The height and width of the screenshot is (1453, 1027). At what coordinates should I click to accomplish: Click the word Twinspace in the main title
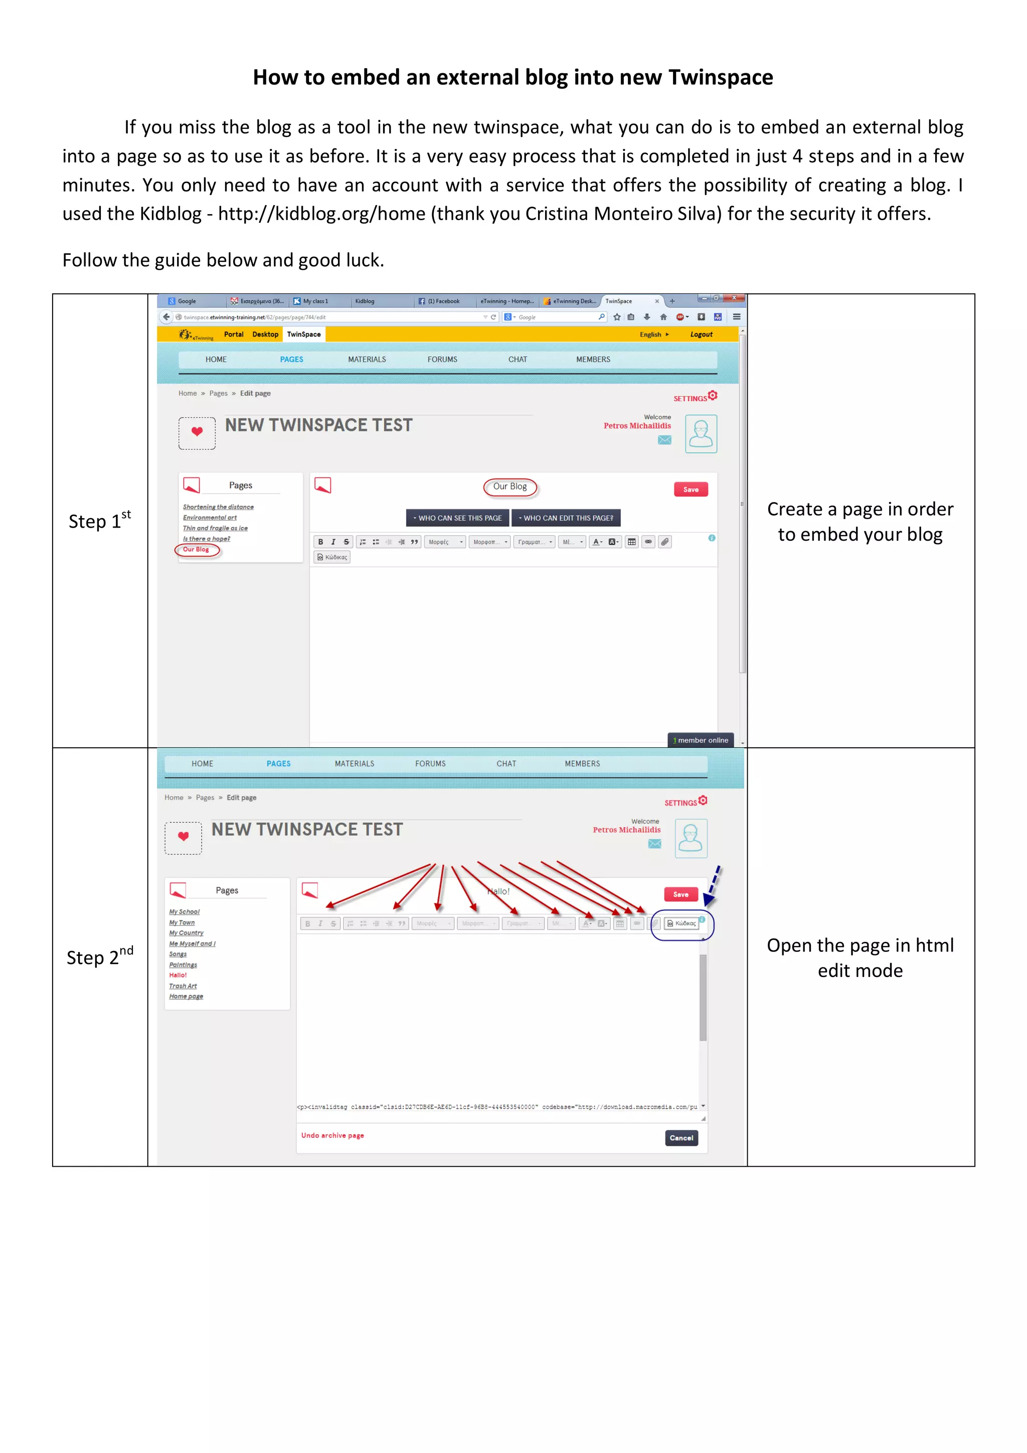(720, 77)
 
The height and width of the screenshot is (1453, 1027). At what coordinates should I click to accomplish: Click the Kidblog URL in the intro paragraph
(321, 214)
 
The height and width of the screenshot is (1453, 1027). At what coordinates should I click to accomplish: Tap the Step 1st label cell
(100, 521)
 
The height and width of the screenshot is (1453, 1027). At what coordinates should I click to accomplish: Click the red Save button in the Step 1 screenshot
(691, 489)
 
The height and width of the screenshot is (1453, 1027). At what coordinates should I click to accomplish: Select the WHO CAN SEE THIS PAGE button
(457, 518)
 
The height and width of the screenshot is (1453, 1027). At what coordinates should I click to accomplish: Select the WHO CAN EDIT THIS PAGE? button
(566, 518)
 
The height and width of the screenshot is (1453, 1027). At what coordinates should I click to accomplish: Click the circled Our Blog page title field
(510, 486)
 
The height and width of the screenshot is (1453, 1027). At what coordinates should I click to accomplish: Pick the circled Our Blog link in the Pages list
(196, 549)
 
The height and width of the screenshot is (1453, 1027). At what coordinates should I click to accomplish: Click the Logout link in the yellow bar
(701, 334)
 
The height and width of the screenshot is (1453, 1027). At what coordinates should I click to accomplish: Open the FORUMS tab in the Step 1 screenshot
(442, 359)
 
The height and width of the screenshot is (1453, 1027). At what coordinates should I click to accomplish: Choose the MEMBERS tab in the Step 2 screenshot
(582, 763)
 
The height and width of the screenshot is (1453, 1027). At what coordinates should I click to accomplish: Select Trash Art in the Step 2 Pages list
(183, 986)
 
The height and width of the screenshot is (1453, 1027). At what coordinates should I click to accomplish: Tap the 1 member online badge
(701, 740)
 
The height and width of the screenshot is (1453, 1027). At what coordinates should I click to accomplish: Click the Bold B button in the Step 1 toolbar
(320, 542)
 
